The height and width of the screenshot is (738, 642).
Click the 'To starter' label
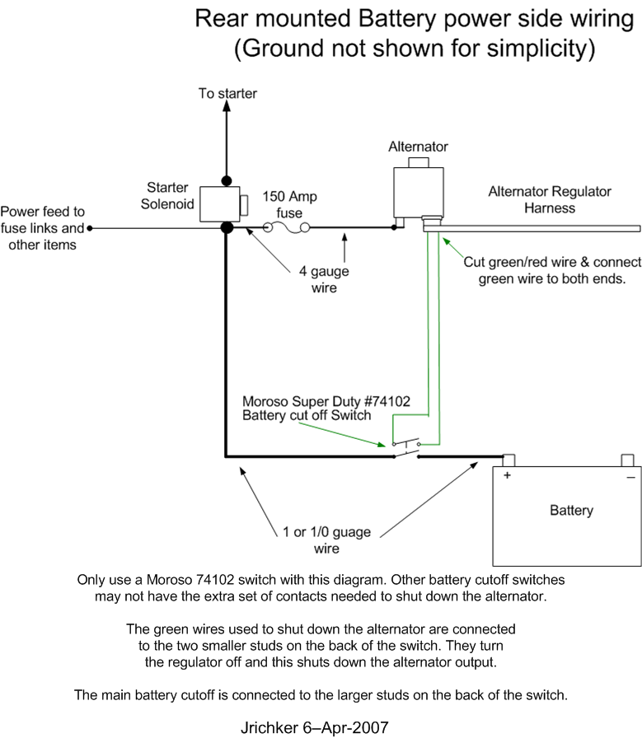227,93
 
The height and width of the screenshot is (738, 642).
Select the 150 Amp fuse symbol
286,228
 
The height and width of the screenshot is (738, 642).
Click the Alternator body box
419,192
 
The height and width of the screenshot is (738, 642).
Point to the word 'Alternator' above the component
418,147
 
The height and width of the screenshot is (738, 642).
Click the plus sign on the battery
507,475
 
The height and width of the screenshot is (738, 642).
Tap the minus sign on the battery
630,478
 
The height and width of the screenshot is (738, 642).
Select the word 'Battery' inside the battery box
571,510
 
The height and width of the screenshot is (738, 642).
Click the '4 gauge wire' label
324,279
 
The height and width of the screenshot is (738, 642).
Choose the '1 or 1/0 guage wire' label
326,539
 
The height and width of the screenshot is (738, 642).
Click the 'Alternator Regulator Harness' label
550,199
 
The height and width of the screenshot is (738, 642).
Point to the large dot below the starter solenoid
227,228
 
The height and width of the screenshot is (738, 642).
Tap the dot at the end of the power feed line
90,228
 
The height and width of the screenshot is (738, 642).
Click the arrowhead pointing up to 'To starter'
227,106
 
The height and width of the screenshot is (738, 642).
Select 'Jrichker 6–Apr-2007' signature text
315,727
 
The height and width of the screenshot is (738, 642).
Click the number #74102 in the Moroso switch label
387,401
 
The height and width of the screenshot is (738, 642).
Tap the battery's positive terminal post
508,460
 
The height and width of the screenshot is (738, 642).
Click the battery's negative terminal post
627,460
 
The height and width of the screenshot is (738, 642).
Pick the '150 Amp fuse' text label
289,204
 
